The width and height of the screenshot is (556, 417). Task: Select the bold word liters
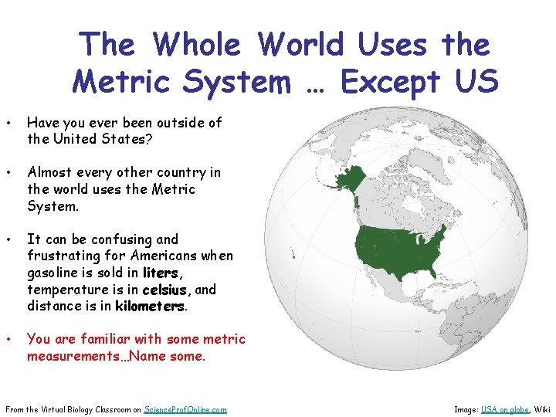tap(161, 273)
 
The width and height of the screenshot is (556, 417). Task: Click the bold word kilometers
tap(151, 306)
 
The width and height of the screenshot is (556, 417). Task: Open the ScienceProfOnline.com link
tap(185, 409)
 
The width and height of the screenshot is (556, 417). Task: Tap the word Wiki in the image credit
tap(543, 409)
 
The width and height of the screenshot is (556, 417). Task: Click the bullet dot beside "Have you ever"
tap(7, 123)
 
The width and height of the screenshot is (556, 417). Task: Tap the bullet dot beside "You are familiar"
tap(7, 339)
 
